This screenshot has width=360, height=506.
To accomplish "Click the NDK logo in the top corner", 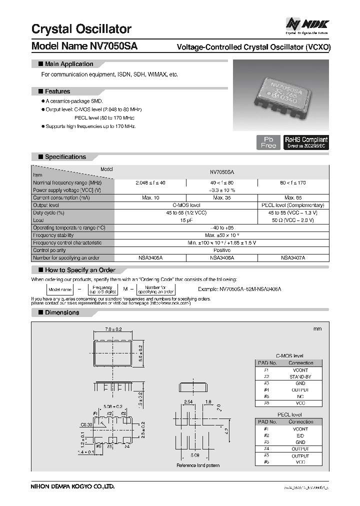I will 307,24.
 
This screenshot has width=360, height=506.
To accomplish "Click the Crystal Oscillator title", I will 81,28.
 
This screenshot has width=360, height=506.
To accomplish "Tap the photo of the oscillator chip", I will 282,95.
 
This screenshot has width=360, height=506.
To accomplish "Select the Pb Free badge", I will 268,142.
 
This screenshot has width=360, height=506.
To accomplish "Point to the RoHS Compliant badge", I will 306,142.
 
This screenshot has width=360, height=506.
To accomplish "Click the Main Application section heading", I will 68,64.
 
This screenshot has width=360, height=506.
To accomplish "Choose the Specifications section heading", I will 65,156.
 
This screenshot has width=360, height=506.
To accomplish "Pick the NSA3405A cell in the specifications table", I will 150,257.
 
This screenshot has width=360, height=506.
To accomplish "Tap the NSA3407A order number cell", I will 293,257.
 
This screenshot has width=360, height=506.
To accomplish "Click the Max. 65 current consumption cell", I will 293,198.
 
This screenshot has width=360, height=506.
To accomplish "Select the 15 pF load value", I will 186,220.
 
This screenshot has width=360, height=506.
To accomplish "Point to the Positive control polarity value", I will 221,250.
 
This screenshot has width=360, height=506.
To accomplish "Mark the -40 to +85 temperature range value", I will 221,227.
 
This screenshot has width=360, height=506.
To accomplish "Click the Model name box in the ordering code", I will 59,289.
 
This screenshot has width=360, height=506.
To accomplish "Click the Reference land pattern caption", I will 198,465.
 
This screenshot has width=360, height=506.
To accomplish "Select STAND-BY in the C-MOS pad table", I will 300,376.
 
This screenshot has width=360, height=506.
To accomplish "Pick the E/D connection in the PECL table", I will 300,435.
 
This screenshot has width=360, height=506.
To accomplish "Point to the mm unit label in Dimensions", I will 317,328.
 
